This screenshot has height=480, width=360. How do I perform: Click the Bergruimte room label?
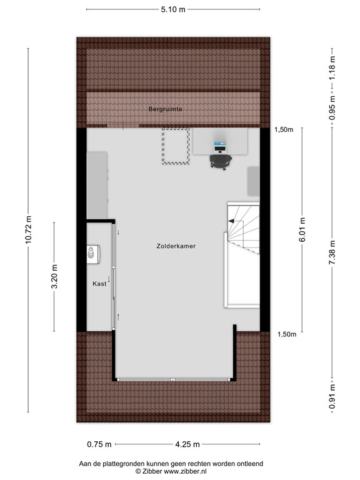tap(165, 109)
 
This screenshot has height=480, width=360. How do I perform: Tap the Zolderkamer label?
tap(176, 246)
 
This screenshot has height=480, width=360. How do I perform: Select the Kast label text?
tap(99, 283)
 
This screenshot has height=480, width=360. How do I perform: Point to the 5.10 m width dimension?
tap(173, 9)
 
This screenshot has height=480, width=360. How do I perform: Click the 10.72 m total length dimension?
tap(28, 231)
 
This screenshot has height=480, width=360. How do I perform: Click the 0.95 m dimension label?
tap(332, 107)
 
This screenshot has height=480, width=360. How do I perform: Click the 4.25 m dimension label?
tap(187, 444)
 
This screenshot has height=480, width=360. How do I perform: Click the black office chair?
tap(220, 161)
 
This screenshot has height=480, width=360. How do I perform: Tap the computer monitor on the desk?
tap(219, 147)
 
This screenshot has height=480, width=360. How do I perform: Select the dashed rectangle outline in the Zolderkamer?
tap(176, 146)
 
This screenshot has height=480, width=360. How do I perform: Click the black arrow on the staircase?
tap(234, 221)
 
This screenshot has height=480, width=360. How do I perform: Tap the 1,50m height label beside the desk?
tap(283, 129)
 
